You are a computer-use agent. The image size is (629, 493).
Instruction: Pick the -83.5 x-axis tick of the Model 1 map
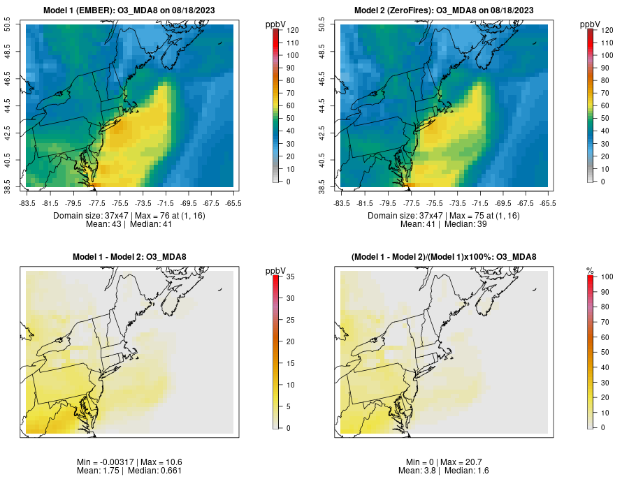pos(27,203)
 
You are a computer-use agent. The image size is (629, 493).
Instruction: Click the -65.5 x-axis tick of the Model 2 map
pos(548,203)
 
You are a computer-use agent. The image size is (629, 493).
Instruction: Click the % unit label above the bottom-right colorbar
pos(590,271)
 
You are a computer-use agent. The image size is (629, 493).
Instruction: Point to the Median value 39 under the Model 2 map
pos(482,224)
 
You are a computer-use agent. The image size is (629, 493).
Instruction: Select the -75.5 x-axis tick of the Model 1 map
pos(120,203)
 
